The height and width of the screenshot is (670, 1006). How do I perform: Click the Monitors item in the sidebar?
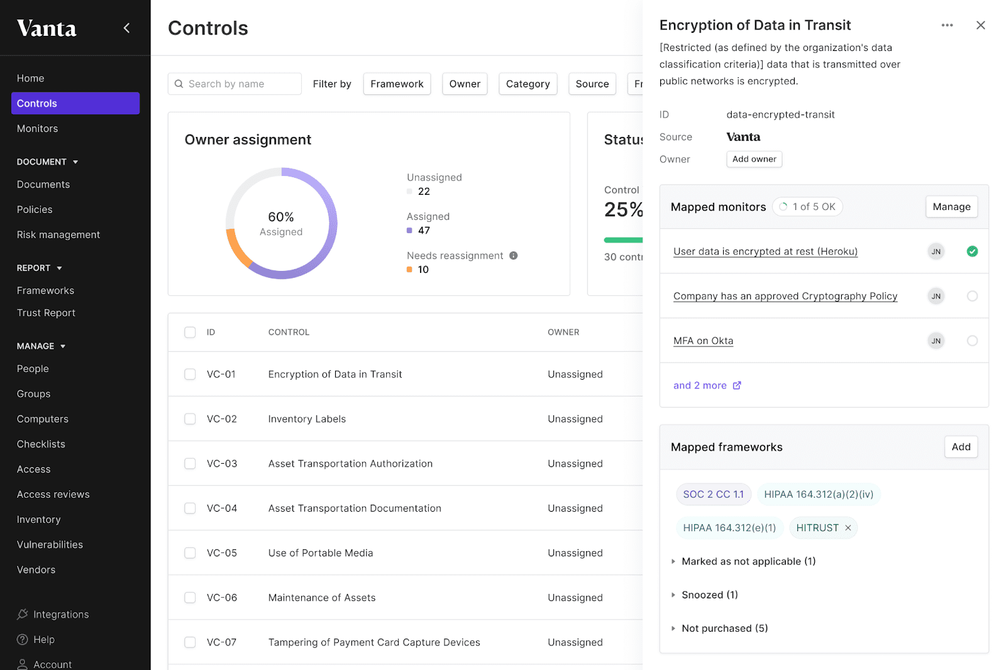coord(37,128)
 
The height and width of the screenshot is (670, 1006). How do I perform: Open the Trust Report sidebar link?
coord(46,313)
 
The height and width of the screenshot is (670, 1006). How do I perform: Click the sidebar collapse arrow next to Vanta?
coord(126,28)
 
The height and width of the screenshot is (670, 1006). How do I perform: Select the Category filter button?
coord(528,84)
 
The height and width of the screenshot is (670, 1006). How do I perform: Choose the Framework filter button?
coord(397,84)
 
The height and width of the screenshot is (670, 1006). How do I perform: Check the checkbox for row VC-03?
coord(190,463)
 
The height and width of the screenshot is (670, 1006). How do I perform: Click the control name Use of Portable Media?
coord(320,553)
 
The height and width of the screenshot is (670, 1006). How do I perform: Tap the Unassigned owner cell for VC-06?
coord(575,598)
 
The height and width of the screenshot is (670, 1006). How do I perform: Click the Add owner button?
coord(754,159)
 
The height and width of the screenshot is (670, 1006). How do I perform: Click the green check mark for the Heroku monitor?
coord(972,251)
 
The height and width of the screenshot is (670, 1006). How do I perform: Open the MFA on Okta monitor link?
coord(703,341)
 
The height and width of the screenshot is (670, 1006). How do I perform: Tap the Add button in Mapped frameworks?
coord(961,447)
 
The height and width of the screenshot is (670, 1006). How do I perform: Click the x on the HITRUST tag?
coord(848,528)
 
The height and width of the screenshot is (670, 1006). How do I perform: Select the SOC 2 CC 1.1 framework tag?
coord(713,495)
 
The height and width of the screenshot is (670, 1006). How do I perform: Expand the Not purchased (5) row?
coord(724,629)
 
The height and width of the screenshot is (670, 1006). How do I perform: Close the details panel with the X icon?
coord(980,25)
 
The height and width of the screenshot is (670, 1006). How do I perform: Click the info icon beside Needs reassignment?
coord(514,256)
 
